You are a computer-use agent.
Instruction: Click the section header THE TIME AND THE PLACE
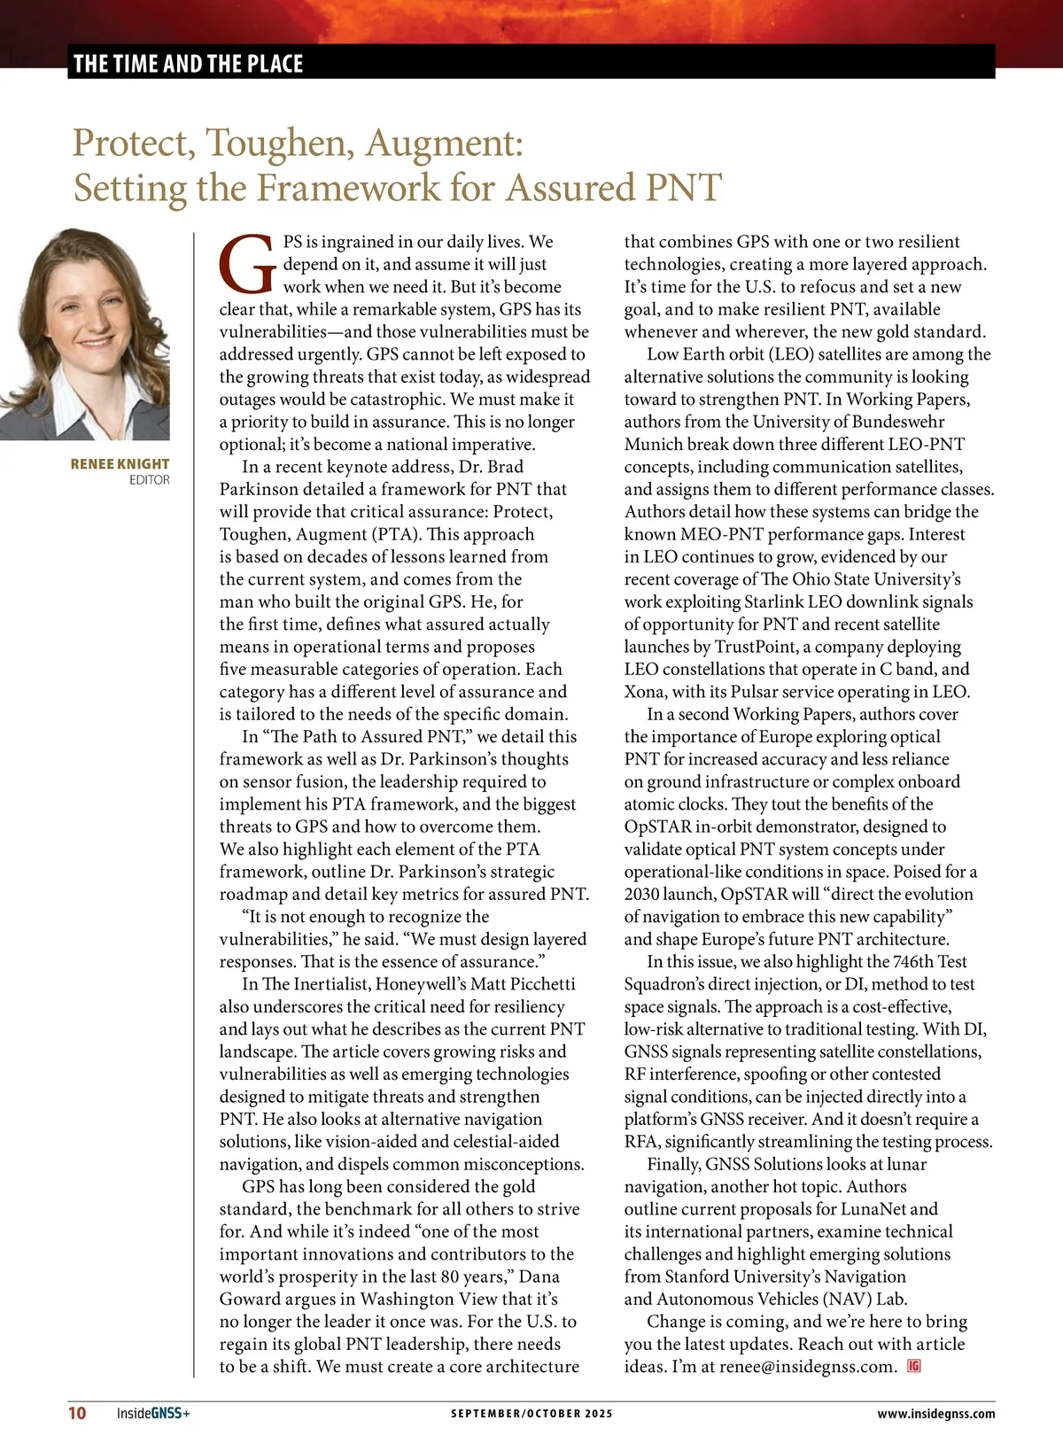click(188, 64)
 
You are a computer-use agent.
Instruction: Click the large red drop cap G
click(246, 265)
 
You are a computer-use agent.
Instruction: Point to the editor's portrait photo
click(85, 334)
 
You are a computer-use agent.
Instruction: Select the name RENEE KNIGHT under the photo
click(120, 463)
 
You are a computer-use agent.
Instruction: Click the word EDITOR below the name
click(149, 480)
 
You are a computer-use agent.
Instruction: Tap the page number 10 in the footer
click(77, 1413)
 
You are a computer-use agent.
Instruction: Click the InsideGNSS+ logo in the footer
click(153, 1413)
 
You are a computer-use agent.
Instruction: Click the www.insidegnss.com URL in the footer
click(935, 1413)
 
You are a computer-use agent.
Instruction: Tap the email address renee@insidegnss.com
click(807, 1367)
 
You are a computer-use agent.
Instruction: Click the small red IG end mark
click(914, 1366)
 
